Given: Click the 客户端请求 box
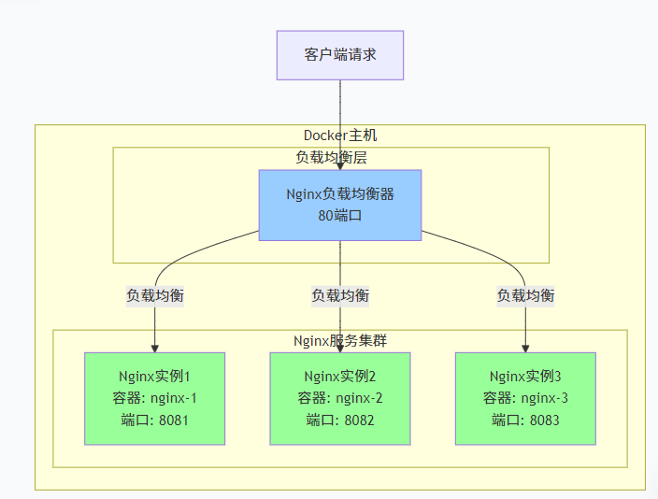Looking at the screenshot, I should pos(339,54).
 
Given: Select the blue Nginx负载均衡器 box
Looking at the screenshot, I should pos(339,205).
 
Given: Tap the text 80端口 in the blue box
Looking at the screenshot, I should pos(339,215).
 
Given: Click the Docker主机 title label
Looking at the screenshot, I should pos(339,135).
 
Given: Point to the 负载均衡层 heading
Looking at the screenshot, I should pos(331,158).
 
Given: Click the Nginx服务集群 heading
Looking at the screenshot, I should pos(339,341).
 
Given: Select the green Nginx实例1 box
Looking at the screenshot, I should pos(154,398).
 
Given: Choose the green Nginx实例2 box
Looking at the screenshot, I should pos(339,398).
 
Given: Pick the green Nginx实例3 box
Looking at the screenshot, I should pos(525,398).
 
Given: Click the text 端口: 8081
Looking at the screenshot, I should pos(154,421).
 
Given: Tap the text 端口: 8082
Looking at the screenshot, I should pos(339,421).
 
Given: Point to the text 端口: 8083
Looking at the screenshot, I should pos(525,421).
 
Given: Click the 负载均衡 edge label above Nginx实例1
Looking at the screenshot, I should pos(154,295).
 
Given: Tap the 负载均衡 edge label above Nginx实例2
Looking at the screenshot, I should pos(339,295).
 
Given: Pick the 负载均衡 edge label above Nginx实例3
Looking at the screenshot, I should pos(525,295).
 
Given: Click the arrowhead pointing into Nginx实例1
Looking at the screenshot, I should pos(154,348).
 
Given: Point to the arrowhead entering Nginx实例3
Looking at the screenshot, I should pos(525,348).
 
